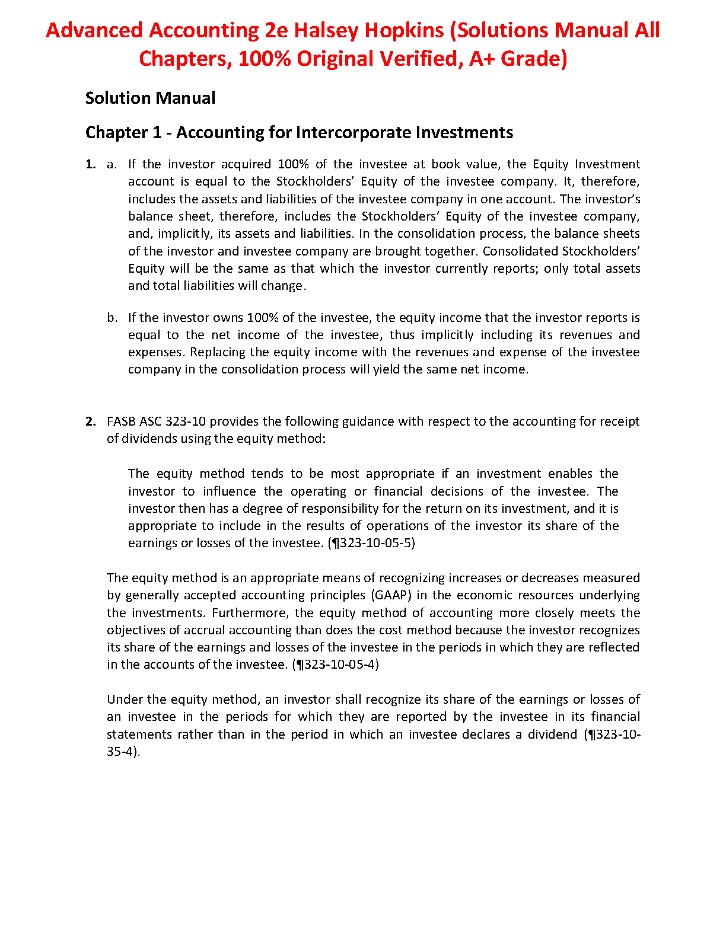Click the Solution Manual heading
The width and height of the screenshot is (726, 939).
tap(150, 98)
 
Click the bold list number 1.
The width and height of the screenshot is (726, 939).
tap(90, 164)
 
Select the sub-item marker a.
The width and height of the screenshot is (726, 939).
tap(112, 164)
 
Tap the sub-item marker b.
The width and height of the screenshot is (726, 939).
tap(112, 318)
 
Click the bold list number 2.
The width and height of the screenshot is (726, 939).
tap(90, 421)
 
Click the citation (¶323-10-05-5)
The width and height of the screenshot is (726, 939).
tap(371, 543)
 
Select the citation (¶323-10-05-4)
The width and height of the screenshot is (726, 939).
tap(335, 665)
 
